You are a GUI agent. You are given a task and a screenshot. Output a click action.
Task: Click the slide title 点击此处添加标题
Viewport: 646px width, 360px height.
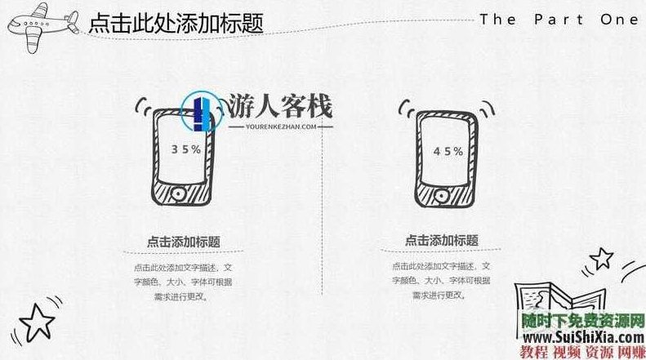(176, 23)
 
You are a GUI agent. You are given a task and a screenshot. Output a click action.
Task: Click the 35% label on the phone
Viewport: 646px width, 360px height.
(186, 149)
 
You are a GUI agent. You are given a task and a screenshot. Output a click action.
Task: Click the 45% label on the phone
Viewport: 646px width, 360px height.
(448, 151)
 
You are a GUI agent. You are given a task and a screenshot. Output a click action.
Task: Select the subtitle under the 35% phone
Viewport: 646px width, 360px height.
(183, 241)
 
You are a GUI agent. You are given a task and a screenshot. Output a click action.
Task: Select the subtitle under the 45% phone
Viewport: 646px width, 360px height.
(442, 241)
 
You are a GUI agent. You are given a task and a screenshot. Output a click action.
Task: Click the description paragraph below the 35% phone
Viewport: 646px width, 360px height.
(183, 282)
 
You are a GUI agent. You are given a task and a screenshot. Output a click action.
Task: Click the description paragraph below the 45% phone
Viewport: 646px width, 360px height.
(442, 282)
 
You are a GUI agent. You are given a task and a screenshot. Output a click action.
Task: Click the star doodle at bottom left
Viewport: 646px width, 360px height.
(36, 322)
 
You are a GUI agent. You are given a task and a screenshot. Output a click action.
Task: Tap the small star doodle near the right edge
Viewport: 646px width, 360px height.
(601, 260)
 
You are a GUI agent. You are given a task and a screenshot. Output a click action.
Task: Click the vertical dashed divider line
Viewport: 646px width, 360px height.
(323, 212)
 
